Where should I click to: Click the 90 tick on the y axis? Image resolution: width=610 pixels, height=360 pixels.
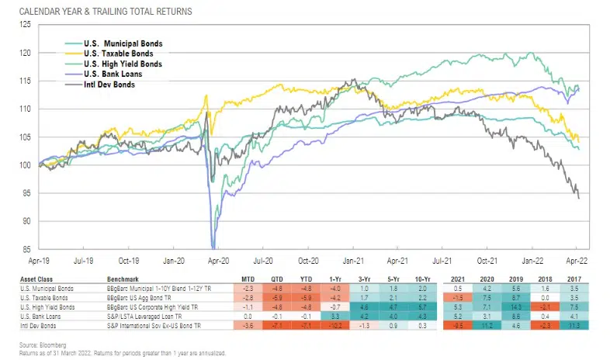(x=28, y=221)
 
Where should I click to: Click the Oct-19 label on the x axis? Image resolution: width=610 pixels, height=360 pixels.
(x=128, y=261)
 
